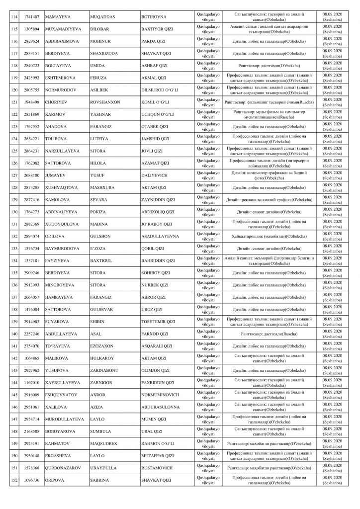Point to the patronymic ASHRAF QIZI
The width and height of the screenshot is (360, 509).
[155, 64]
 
